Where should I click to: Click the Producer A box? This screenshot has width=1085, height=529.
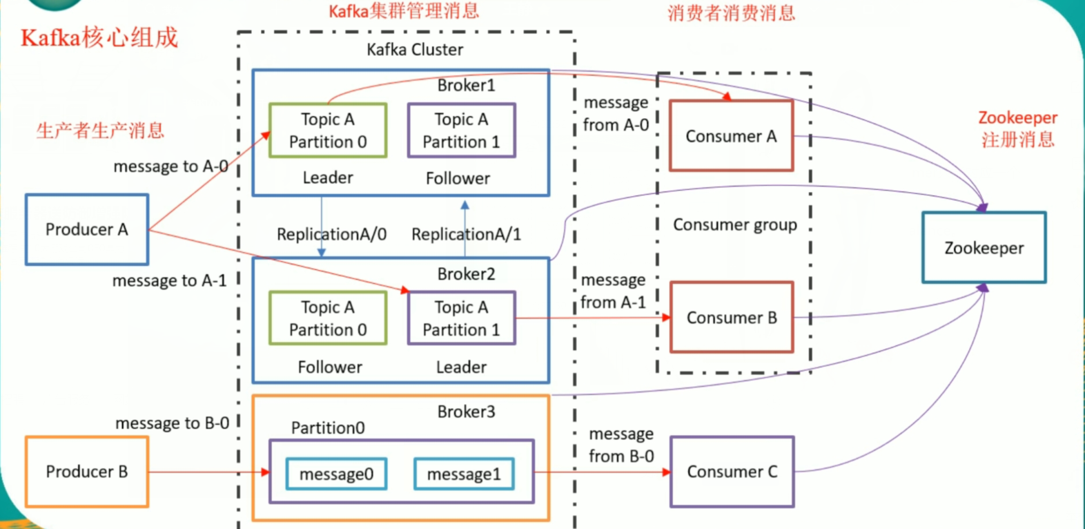(x=87, y=229)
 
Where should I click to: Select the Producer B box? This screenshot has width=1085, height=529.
(x=87, y=472)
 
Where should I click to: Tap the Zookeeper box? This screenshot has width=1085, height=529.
(x=984, y=248)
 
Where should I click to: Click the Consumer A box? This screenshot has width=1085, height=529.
(x=732, y=136)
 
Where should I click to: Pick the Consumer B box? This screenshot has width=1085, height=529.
(x=732, y=318)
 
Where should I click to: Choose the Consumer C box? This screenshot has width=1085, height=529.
(x=732, y=472)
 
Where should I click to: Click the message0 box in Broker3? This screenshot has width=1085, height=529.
(x=336, y=474)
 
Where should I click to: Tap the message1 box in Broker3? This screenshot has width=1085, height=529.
(x=464, y=474)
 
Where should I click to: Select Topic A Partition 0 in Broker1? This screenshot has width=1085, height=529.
(x=328, y=131)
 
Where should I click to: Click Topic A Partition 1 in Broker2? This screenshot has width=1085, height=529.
(x=461, y=318)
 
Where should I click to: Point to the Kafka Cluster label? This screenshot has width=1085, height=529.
(x=415, y=50)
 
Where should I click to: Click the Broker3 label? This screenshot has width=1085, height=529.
(x=466, y=412)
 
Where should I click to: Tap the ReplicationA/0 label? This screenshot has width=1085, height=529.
(x=331, y=234)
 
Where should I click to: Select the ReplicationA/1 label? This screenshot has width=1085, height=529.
(x=466, y=234)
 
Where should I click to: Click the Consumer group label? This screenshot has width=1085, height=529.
(x=735, y=224)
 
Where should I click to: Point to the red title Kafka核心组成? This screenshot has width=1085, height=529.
(x=99, y=37)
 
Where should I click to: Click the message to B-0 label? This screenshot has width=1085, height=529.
(x=172, y=423)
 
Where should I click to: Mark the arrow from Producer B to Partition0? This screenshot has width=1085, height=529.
(x=207, y=472)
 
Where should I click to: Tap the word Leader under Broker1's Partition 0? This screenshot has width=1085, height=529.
(x=328, y=177)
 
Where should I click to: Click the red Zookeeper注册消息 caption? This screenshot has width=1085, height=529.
(x=1018, y=128)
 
